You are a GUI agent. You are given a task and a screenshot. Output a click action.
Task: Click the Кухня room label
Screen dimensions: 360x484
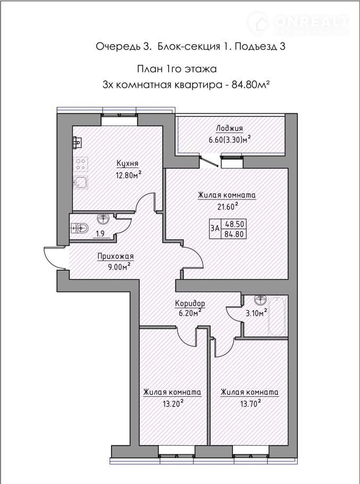tap(127, 163)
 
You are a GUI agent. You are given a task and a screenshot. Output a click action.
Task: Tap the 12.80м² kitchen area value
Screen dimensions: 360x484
tap(128, 175)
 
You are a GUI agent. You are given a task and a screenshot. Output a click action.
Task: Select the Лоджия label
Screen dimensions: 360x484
tap(229, 128)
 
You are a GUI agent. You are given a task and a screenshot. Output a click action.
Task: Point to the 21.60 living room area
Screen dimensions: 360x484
tap(228, 206)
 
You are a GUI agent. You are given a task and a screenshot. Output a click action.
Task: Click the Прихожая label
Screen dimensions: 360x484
tap(115, 256)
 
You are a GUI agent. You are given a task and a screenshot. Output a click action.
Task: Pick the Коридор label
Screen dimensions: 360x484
tap(190, 303)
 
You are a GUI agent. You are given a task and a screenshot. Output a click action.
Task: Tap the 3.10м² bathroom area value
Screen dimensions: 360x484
tap(256, 313)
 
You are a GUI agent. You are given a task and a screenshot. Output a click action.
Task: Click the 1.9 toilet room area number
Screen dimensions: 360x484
tap(100, 233)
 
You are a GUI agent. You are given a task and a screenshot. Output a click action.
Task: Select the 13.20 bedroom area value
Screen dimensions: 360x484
tap(173, 403)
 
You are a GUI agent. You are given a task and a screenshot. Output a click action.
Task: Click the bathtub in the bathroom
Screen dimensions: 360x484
tap(276, 316)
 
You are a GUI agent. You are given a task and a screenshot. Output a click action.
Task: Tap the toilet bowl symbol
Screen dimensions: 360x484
tap(80, 229)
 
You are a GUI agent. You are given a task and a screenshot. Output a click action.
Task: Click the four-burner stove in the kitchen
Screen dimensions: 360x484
tap(81, 164)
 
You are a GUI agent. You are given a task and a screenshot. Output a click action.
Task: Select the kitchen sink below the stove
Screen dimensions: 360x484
tap(80, 182)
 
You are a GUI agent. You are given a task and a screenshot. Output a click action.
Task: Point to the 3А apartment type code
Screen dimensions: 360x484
tap(215, 228)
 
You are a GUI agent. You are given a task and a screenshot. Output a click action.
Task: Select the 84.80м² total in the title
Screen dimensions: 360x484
tap(249, 84)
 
